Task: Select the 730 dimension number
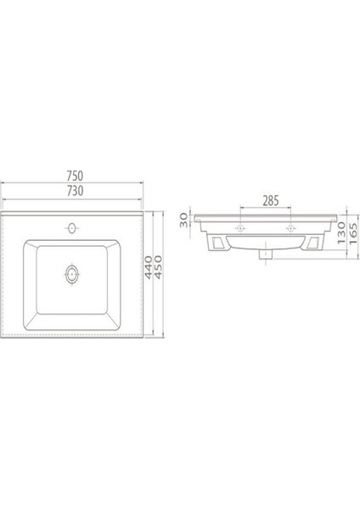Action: pos(75,191)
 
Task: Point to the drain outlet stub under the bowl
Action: pos(267,252)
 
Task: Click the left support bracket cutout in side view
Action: pos(219,244)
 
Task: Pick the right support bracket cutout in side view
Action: pos(312,244)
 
